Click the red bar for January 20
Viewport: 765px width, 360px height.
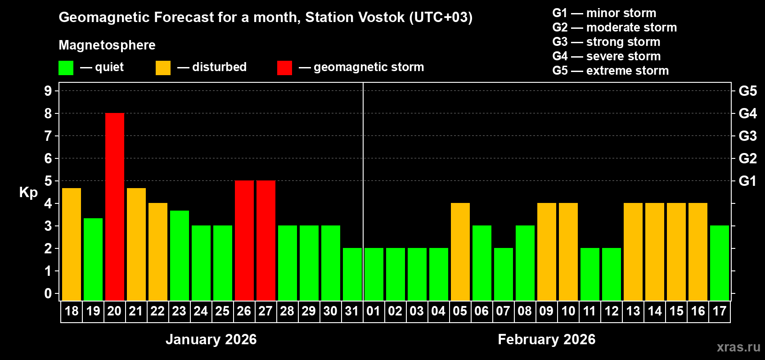115,207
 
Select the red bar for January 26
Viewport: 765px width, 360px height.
244,241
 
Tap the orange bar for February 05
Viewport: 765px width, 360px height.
460,252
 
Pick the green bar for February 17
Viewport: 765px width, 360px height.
720,263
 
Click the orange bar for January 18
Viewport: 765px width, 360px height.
72,244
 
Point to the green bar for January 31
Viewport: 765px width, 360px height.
352,274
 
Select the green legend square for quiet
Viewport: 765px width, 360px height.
66,68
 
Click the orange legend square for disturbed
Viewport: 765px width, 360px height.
163,68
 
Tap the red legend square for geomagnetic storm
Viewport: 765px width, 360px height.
284,68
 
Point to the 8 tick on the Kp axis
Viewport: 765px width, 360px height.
48,113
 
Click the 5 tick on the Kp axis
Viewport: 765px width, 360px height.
48,181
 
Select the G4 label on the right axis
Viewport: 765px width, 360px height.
747,113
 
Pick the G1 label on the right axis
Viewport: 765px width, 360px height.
747,181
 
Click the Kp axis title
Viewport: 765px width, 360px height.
28,192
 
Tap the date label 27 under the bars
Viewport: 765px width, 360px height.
265,311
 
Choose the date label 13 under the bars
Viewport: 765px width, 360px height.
633,311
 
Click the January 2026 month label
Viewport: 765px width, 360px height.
211,339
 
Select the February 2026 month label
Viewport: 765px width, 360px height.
547,339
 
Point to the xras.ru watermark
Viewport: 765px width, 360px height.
738,347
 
